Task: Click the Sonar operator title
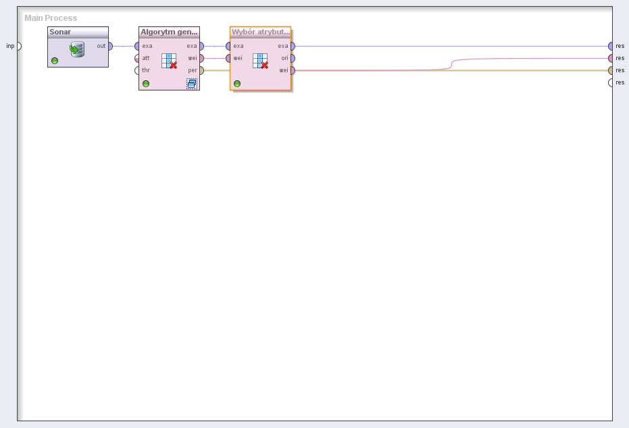coord(60,32)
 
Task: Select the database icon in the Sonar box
coord(77,49)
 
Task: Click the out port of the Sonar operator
coord(110,46)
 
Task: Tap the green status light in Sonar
coord(55,61)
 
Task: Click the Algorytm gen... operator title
coord(169,32)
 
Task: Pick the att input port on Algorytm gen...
coord(136,59)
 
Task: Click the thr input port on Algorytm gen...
coord(136,70)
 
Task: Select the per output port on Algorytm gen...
coord(202,70)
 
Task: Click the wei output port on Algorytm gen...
coord(202,59)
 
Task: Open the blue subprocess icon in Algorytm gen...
coord(192,83)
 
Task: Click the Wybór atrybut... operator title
coord(260,32)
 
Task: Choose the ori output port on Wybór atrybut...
coord(293,59)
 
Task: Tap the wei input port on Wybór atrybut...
coord(228,59)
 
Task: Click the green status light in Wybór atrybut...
coord(237,83)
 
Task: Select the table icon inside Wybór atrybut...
coord(260,61)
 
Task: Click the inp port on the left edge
coord(19,46)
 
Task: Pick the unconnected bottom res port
coord(611,82)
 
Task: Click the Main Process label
coord(51,18)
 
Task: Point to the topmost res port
coord(611,46)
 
